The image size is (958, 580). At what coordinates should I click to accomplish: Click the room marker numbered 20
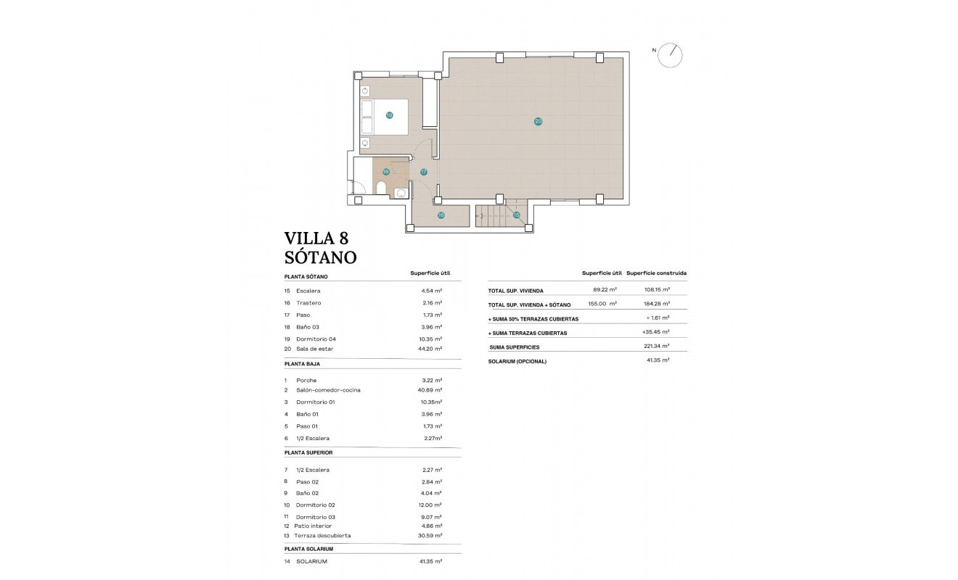tap(538, 121)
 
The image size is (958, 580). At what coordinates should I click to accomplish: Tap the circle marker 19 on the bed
tap(389, 115)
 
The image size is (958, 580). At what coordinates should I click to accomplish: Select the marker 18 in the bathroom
tap(386, 172)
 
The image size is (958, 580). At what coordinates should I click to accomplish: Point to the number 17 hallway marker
tap(423, 172)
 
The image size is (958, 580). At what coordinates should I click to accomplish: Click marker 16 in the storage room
tap(441, 215)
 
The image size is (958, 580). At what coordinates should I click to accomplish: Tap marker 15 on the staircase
tap(517, 215)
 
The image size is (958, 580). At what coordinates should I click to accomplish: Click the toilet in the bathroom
tap(381, 188)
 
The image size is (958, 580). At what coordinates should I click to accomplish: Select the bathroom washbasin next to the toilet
tap(400, 193)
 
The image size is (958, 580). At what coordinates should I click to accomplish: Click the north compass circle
tap(671, 55)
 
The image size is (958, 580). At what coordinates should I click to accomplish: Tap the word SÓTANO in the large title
tap(320, 257)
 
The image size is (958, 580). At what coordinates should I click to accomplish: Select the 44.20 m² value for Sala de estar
tap(430, 349)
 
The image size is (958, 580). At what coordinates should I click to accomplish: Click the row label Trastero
tap(308, 303)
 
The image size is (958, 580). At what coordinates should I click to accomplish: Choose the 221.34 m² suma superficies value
tap(655, 347)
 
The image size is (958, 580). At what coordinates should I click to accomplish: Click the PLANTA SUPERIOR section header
tap(309, 452)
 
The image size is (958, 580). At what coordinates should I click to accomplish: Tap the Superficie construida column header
tap(656, 273)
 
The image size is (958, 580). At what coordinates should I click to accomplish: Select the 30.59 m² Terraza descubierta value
tap(430, 536)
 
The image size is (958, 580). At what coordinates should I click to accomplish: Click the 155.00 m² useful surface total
tap(602, 304)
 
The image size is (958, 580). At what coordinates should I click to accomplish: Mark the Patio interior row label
tap(313, 526)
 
